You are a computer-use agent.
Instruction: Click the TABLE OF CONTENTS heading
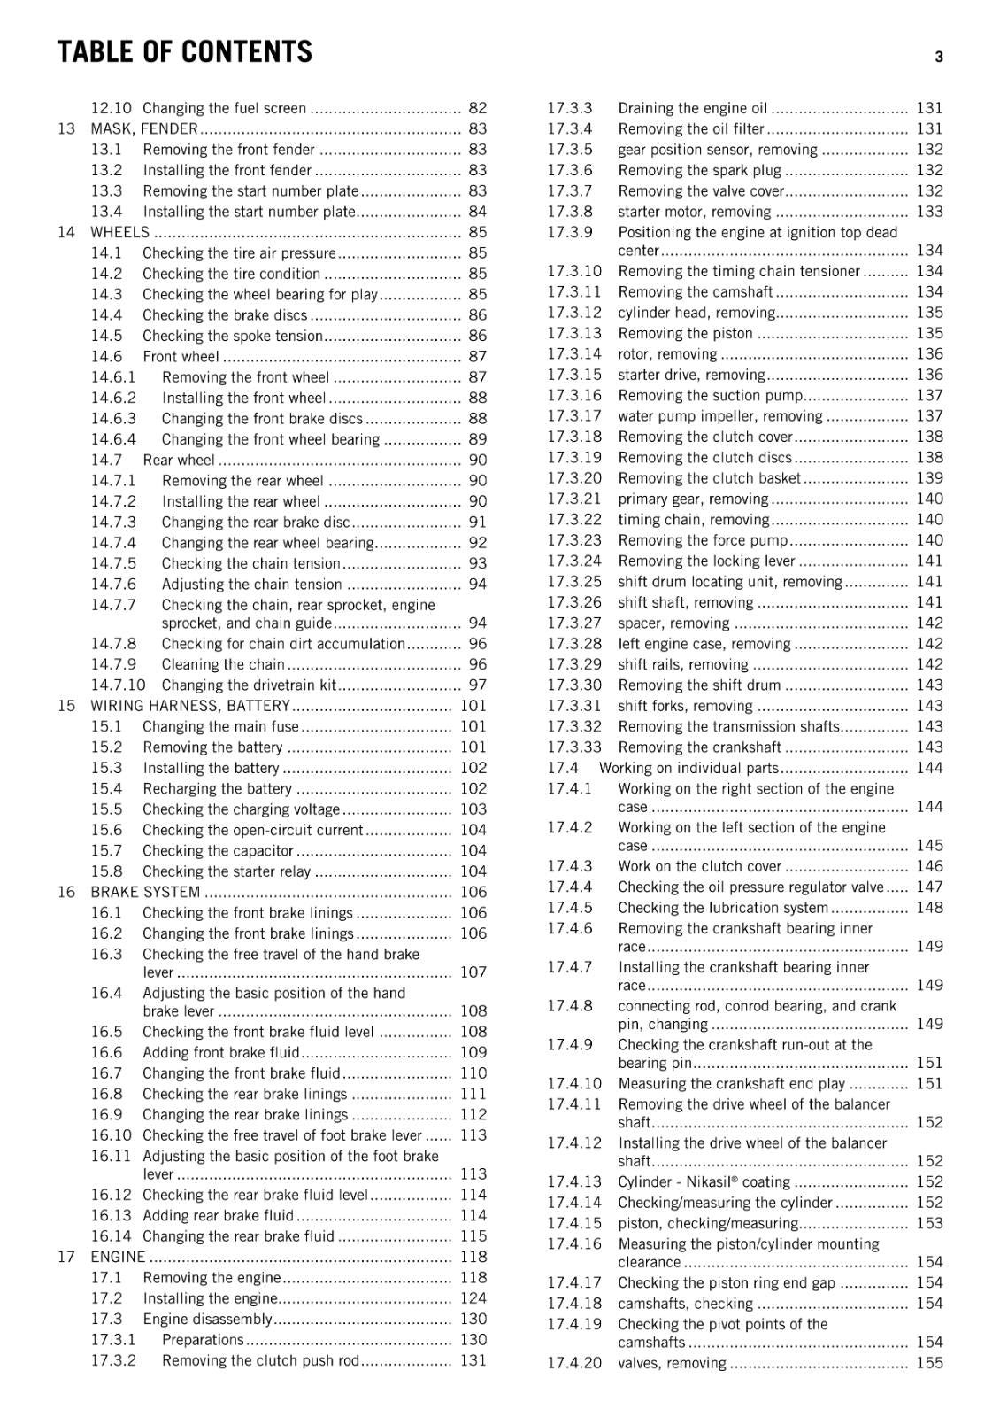click(x=184, y=53)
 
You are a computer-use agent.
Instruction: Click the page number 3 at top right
click(x=938, y=57)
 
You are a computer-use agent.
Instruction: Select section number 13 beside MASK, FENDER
click(x=66, y=128)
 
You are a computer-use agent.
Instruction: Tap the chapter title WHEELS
click(x=120, y=232)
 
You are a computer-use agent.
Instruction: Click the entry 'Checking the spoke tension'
click(x=232, y=336)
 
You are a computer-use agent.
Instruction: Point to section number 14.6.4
click(x=113, y=439)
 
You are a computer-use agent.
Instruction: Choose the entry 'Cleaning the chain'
click(x=223, y=664)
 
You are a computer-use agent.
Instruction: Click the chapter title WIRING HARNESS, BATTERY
click(x=190, y=706)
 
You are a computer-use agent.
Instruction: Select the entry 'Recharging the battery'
click(x=217, y=788)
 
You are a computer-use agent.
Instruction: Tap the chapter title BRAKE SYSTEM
click(x=145, y=892)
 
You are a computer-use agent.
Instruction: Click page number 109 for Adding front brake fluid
click(x=473, y=1052)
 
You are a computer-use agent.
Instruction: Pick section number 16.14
click(x=111, y=1236)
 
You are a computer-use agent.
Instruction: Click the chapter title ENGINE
click(x=118, y=1257)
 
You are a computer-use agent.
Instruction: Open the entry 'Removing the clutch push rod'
click(x=260, y=1360)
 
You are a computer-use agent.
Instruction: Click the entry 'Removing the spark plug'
click(x=699, y=170)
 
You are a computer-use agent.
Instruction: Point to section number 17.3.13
click(x=573, y=333)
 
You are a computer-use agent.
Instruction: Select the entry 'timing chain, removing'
click(x=693, y=520)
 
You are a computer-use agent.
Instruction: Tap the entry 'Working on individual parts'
click(x=688, y=768)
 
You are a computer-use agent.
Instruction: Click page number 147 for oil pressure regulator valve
click(x=929, y=887)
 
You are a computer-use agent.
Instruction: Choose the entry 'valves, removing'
click(x=672, y=1363)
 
